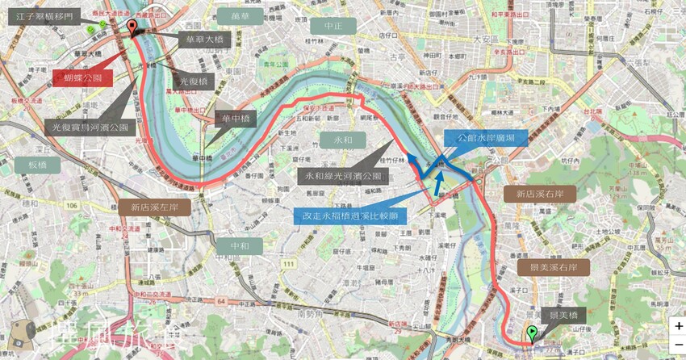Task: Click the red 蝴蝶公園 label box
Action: tap(83, 77)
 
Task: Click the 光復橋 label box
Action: tap(193, 82)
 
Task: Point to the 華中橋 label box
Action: tap(239, 119)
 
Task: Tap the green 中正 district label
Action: tap(333, 26)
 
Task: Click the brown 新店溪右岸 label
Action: tap(540, 194)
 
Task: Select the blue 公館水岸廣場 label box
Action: tap(491, 137)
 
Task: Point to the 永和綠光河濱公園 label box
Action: tap(343, 175)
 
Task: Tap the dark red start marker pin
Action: tap(132, 30)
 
